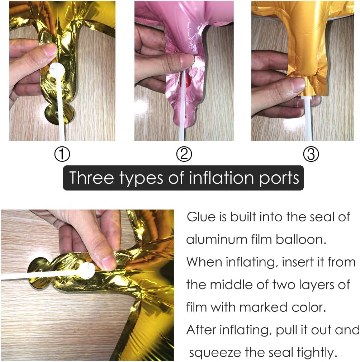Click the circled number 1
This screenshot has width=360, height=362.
[x=62, y=154]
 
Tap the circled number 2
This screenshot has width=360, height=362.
[x=184, y=154]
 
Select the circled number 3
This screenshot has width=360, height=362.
[x=311, y=154]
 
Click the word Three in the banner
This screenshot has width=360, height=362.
[x=92, y=178]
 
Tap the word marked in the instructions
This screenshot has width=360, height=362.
[x=263, y=307]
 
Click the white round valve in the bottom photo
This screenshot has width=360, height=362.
[x=87, y=271]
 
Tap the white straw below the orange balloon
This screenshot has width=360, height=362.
[x=308, y=118]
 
